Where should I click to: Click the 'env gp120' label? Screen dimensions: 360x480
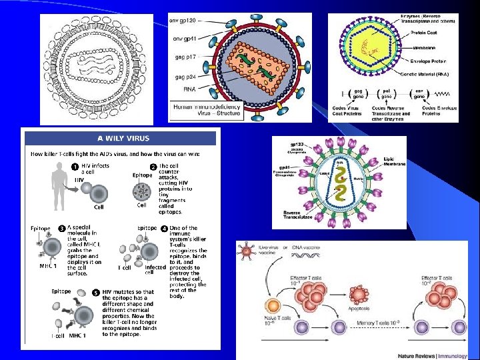[184, 22]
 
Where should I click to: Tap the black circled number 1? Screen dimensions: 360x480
[75, 166]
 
